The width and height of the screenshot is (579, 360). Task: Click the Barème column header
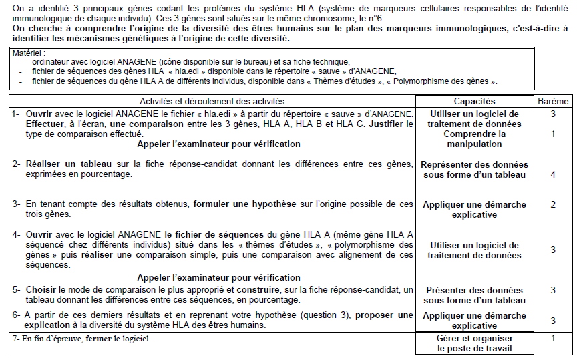[x=553, y=100]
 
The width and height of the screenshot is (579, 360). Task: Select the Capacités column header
[x=474, y=100]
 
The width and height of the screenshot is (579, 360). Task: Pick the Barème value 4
[x=553, y=174]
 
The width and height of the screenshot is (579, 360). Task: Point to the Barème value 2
[x=553, y=204]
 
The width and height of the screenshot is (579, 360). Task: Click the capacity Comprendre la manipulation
[x=474, y=139]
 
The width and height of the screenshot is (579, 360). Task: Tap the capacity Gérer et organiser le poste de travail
[x=474, y=343]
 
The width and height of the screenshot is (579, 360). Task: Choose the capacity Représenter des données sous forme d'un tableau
[x=474, y=170]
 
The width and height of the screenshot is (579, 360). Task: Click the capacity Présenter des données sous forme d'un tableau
[x=474, y=295]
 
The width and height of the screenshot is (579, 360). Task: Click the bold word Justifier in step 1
[x=392, y=124]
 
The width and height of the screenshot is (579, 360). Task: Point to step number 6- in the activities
[x=17, y=315]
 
